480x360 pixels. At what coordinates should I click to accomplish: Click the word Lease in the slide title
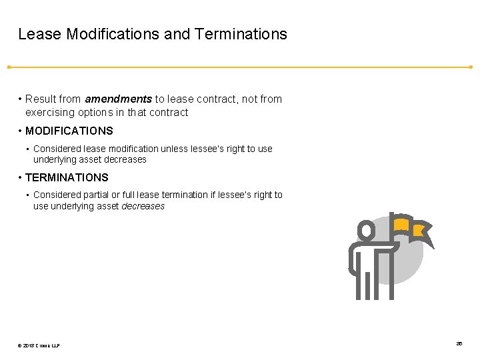click(40, 34)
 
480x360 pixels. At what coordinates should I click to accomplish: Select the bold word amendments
click(118, 99)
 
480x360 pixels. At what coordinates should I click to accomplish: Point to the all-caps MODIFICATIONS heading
click(69, 131)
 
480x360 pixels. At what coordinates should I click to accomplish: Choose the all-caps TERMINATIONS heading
click(67, 178)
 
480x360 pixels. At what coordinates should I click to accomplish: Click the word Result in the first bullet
click(41, 99)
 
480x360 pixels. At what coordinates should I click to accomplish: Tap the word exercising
click(50, 113)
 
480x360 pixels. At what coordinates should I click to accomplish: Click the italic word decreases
click(143, 207)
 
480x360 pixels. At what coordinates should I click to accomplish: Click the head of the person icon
click(366, 231)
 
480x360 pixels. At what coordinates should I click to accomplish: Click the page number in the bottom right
click(459, 343)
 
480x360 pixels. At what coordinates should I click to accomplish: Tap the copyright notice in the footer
click(39, 345)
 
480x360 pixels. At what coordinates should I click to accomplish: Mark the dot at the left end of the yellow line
click(9, 67)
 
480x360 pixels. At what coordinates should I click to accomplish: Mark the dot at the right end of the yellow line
click(471, 67)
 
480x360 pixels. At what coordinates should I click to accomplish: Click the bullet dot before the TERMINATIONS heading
click(20, 178)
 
